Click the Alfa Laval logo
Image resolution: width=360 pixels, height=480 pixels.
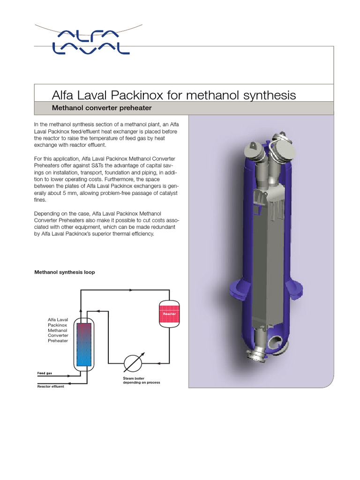tap(90, 41)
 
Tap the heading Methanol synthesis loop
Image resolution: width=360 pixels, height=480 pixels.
tap(65, 272)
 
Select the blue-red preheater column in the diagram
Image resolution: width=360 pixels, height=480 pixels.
tap(83, 344)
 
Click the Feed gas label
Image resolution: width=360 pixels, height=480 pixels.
tap(45, 374)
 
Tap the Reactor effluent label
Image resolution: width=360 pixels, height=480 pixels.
tap(51, 387)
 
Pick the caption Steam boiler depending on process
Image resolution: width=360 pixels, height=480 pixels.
tap(141, 380)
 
